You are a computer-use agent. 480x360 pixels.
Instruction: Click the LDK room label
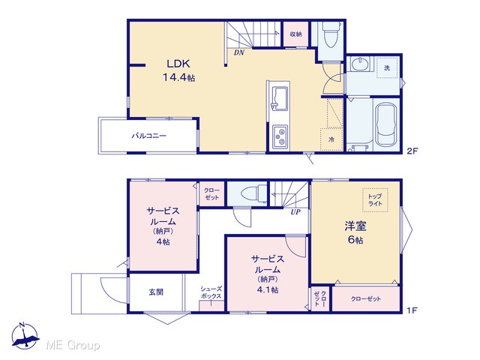click(178, 64)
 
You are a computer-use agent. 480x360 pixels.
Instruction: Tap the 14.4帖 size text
click(178, 77)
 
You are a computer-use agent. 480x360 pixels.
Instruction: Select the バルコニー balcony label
click(148, 135)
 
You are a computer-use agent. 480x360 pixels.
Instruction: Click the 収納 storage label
click(295, 34)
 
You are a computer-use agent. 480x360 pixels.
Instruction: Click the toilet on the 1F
click(254, 193)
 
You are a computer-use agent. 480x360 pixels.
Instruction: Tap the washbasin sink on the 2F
click(358, 64)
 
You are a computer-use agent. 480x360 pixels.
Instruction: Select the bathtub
click(386, 125)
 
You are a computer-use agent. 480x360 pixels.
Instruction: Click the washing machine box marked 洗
click(387, 67)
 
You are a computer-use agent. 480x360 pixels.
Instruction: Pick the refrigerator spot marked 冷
click(331, 139)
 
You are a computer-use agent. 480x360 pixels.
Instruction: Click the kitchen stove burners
click(280, 136)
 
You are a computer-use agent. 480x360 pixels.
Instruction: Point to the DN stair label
click(239, 52)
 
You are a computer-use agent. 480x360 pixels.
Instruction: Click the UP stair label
click(295, 211)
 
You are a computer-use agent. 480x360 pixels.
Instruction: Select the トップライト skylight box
click(375, 200)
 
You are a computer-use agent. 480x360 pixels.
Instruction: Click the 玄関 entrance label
click(156, 292)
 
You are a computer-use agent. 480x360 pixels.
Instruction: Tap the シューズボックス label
click(211, 292)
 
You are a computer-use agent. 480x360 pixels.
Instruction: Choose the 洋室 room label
click(355, 226)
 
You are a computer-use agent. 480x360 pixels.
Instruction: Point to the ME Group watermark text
click(73, 345)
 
